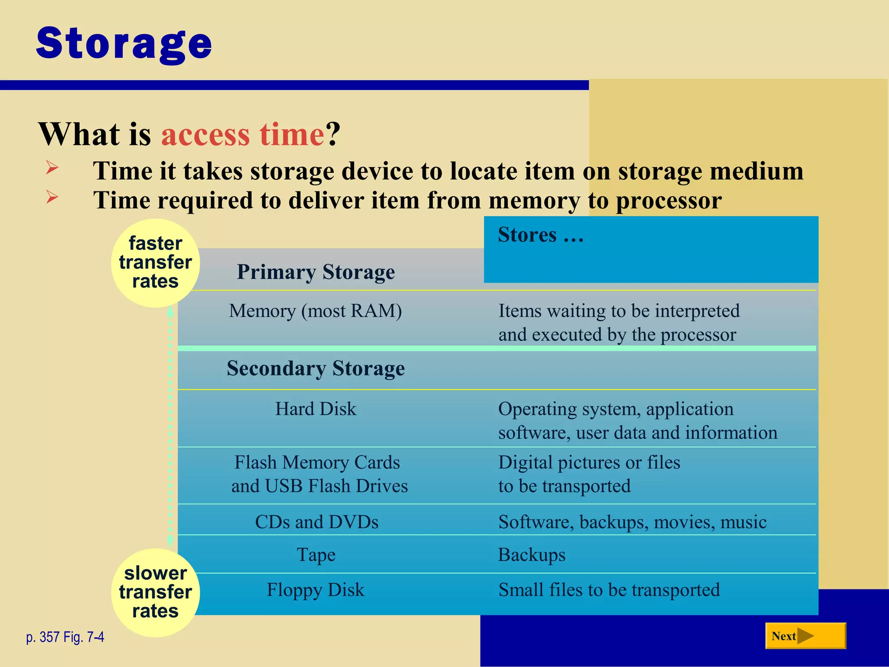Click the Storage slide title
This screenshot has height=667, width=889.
pos(124,43)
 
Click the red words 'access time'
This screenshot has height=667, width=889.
pos(243,134)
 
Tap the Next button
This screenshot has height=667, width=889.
pos(805,636)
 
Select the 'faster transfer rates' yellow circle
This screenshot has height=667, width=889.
pos(155,263)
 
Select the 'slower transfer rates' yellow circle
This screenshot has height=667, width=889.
pos(155,592)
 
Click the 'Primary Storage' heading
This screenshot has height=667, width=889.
pos(316,272)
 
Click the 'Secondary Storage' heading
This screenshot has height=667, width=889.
pos(316,369)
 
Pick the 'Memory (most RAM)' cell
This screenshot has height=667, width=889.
pos(316,311)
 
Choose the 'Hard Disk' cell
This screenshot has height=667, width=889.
pos(316,409)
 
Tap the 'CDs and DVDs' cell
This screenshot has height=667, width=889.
pos(316,522)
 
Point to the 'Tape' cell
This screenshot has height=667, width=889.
pos(316,555)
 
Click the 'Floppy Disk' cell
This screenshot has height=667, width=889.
pos(316,590)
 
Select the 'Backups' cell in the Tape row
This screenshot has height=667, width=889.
pos(531,555)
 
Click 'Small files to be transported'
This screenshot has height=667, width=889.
pos(609,590)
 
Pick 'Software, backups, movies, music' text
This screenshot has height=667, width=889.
pos(632,522)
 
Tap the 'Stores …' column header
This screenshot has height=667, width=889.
pos(541,235)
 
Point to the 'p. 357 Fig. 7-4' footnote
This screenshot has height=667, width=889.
pos(65,637)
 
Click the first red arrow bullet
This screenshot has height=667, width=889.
pos(52,168)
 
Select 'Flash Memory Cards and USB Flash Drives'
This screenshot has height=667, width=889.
pos(319,474)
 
